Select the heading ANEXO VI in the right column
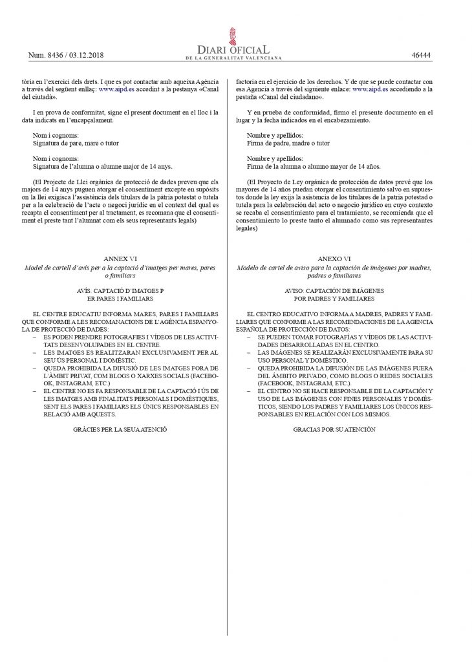[x=334, y=257]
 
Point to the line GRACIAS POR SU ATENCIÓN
[x=334, y=429]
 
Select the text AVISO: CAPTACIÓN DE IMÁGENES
[x=334, y=292]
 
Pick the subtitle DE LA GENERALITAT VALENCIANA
[x=236, y=59]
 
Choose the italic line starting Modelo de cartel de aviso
[x=334, y=267]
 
